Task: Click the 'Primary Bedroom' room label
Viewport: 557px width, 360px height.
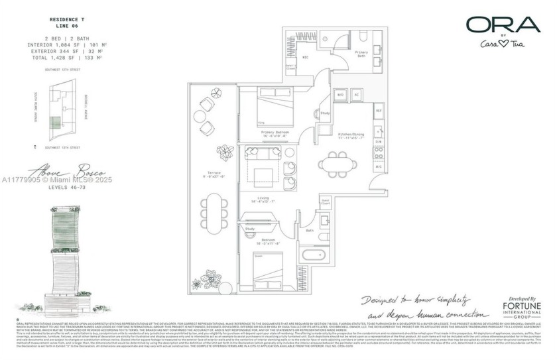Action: pos(274,133)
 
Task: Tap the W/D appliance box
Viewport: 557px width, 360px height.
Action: pos(340,95)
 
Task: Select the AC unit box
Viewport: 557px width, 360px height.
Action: pos(356,95)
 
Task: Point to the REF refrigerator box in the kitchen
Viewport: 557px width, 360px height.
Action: pos(379,111)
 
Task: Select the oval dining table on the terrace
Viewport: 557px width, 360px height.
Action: pos(212,210)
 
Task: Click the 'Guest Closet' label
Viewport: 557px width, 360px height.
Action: pos(326,201)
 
